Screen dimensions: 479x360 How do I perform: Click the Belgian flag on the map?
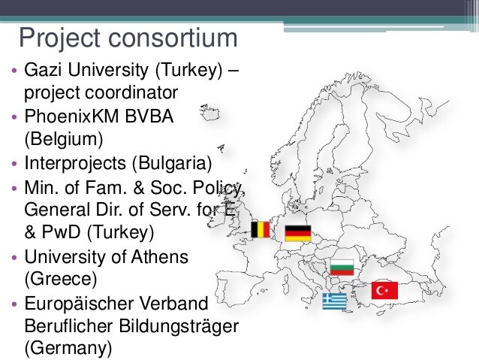coord(261,229)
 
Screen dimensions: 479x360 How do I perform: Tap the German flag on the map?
coord(298,234)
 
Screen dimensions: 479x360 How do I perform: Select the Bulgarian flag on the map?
coord(342,268)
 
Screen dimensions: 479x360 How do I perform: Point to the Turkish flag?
coord(384,290)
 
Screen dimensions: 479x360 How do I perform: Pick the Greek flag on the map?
coord(335,301)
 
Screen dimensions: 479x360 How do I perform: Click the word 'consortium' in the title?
coord(173,38)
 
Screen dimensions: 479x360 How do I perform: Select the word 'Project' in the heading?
coord(60,38)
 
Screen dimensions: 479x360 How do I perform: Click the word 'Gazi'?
coord(43,70)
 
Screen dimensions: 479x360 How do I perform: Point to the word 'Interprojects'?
coord(75,163)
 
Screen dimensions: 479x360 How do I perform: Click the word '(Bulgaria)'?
coord(172,163)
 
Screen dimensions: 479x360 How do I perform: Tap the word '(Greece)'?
coord(61,279)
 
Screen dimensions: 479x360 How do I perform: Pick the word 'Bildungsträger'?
coord(179,326)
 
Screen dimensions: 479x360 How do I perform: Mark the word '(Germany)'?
coord(68,348)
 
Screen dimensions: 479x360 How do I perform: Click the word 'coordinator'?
coord(131,92)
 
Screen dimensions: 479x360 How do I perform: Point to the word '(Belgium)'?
coord(64,139)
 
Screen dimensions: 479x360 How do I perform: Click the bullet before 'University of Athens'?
coord(14,258)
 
